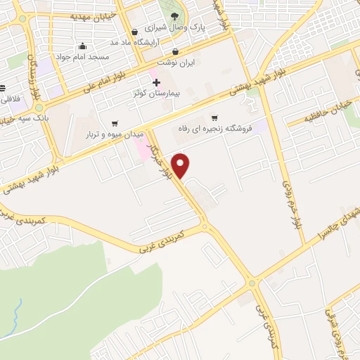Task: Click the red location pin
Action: (x=181, y=165)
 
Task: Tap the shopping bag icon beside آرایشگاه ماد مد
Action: (x=135, y=32)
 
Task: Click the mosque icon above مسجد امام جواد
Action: (x=83, y=46)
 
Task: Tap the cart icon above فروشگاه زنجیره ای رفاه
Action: (x=214, y=118)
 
